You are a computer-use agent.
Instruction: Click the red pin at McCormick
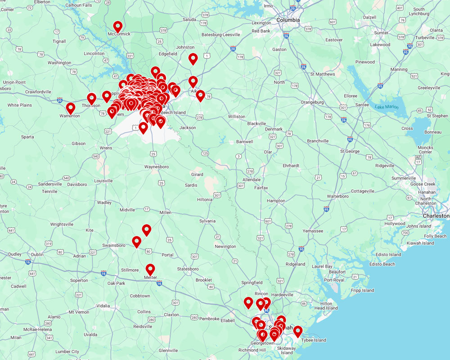[117, 26]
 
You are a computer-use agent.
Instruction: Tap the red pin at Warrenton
[71, 108]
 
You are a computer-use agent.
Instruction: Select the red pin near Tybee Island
[297, 331]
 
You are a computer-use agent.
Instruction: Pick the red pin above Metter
[150, 269]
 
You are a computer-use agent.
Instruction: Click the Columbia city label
[288, 20]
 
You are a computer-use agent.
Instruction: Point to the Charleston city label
[436, 216]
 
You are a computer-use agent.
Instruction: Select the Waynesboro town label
[157, 167]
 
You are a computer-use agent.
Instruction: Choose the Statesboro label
[188, 269]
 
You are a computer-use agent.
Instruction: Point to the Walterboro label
[338, 196]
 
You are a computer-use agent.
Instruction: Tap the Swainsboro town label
[113, 245]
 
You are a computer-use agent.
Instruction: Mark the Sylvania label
[207, 221]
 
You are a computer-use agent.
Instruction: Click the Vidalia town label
[103, 306]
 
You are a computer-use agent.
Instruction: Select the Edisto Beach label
[382, 264]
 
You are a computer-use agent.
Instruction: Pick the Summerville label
[404, 178]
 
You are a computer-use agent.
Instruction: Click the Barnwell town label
[244, 141]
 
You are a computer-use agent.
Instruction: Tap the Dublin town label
[37, 254]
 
